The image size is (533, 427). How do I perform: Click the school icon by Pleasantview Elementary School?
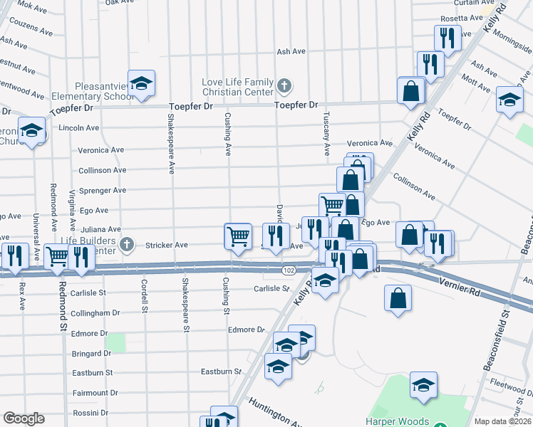[x=141, y=83]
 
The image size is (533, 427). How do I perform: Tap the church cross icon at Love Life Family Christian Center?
[x=284, y=87]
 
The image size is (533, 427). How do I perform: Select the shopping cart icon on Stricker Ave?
[x=237, y=235]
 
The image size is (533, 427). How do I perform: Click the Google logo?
[x=24, y=418]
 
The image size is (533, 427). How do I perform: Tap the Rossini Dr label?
[x=90, y=413]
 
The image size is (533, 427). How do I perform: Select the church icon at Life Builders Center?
[x=127, y=245]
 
